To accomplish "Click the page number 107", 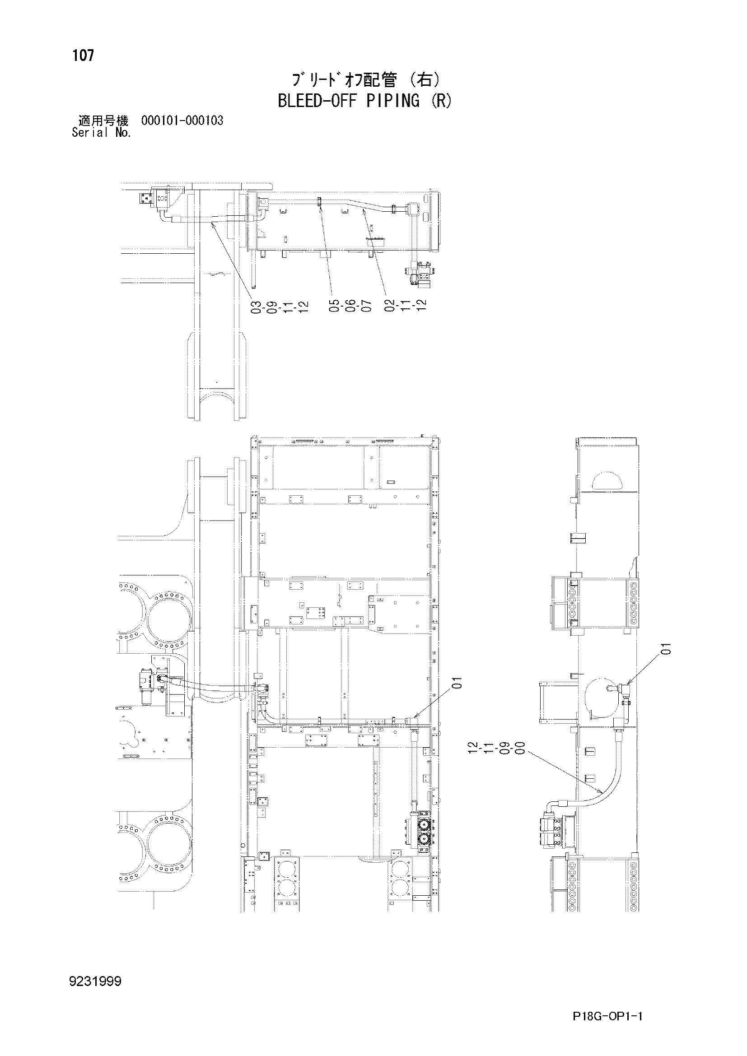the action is point(83,56).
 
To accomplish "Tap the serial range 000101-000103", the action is point(182,121).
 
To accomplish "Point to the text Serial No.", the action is point(102,133).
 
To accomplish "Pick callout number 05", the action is point(334,306).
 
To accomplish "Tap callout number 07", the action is point(366,306).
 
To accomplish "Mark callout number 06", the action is point(350,306).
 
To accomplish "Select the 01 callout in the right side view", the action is point(666,649).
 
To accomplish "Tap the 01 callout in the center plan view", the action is point(456,684).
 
